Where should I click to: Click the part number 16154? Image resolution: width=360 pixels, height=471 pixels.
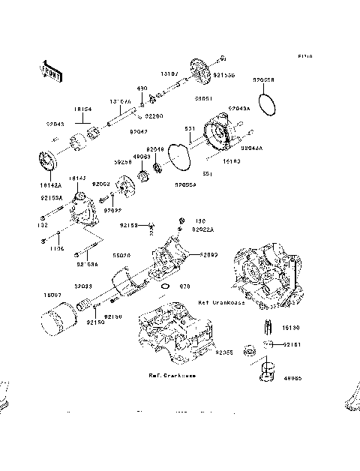pyautogui.click(x=82, y=109)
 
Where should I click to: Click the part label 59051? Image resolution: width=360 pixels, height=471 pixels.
pyautogui.click(x=202, y=98)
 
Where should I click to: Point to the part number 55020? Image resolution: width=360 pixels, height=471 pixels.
pyautogui.click(x=122, y=255)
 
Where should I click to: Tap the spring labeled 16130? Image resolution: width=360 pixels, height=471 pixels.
pyautogui.click(x=266, y=328)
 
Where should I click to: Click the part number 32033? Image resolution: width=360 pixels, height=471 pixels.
pyautogui.click(x=82, y=286)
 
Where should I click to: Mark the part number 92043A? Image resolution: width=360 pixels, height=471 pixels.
pyautogui.click(x=239, y=108)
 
